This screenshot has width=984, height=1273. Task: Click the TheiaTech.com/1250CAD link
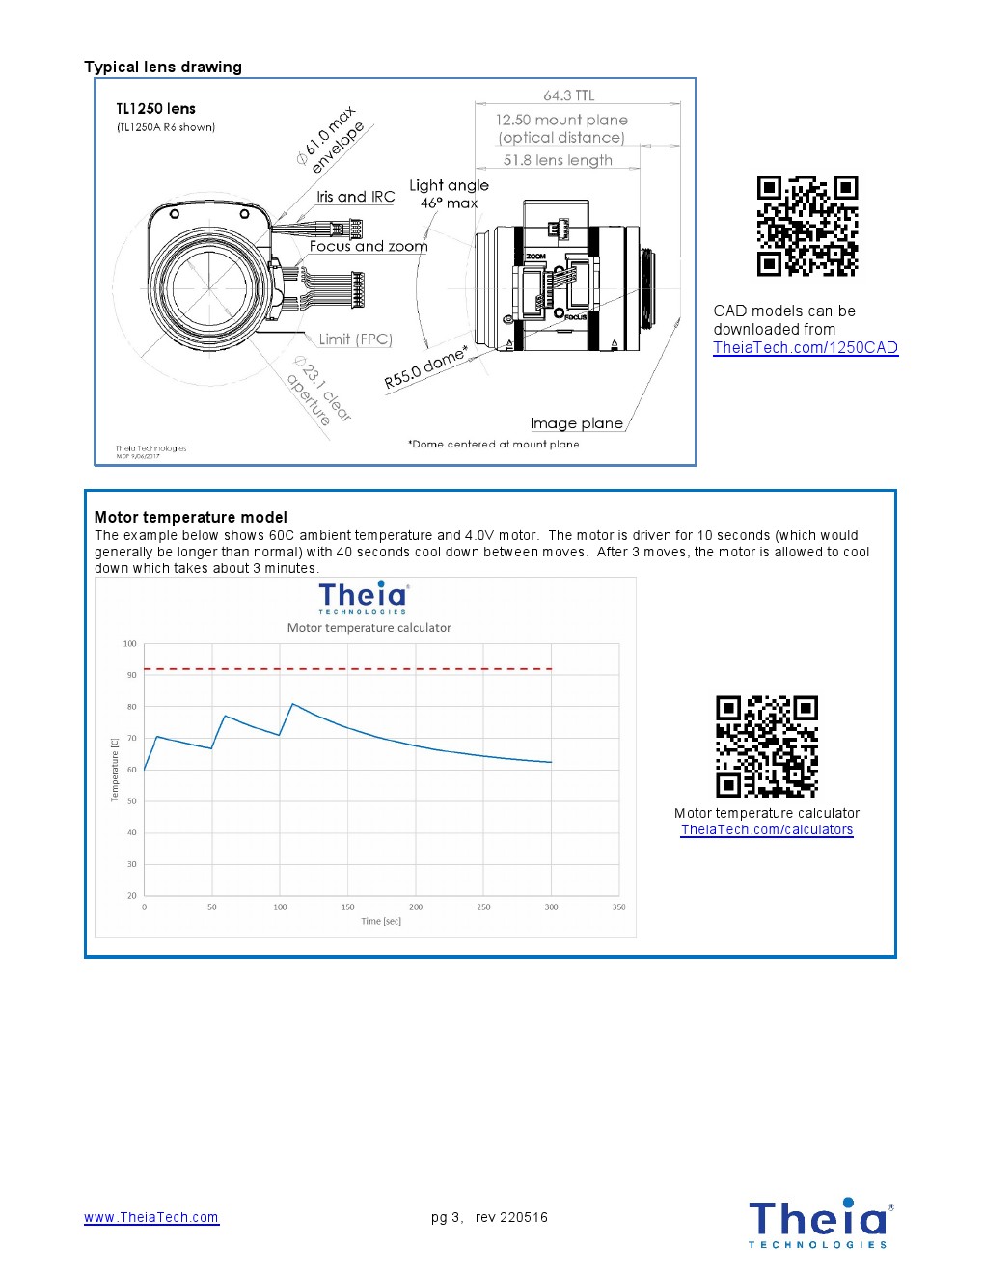coord(806,348)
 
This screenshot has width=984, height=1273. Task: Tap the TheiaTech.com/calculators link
coord(767,830)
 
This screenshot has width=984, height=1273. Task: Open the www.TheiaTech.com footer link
coord(151,1218)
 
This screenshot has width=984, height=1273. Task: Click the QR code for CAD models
coord(807,227)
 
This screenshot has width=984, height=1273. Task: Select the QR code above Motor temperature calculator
coord(767,746)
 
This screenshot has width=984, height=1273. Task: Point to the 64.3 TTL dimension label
coord(569,95)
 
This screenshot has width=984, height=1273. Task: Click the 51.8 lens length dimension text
coord(558,161)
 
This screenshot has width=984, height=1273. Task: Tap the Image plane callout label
coord(576,423)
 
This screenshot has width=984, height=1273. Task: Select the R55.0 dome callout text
coord(425,367)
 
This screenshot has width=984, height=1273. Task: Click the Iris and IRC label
coord(356,197)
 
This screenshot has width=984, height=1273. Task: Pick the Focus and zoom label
coord(369,247)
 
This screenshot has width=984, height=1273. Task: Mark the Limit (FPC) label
coord(355,339)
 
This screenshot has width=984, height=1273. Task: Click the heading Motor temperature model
coord(191,518)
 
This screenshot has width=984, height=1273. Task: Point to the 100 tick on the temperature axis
coord(130,644)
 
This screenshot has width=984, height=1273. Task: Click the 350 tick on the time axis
coord(618,907)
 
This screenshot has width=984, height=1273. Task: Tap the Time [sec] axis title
coord(381,922)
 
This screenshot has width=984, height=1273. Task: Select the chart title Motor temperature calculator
coord(369,628)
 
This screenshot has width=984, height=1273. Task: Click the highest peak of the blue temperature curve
coord(293,704)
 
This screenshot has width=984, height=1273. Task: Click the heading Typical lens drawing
coord(163,68)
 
